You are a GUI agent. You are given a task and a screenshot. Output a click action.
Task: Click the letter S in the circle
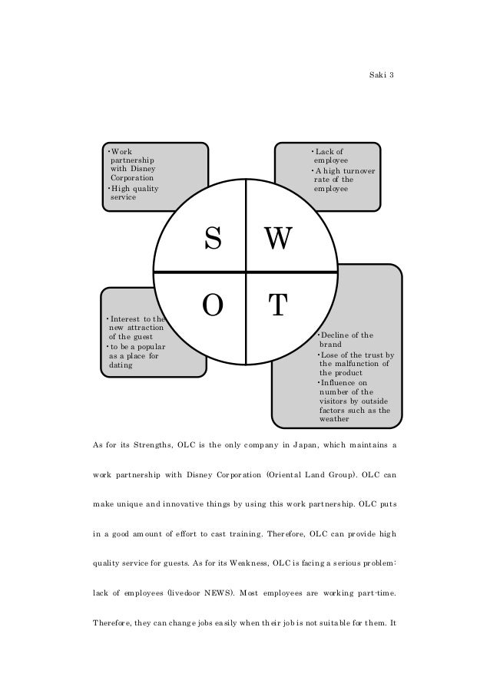(x=213, y=241)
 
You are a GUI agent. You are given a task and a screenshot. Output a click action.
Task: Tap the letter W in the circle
(x=278, y=241)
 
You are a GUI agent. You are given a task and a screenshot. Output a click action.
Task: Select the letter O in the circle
(x=213, y=305)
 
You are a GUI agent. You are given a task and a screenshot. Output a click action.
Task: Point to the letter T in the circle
(x=277, y=305)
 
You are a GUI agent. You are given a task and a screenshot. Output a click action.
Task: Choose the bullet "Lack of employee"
(x=328, y=156)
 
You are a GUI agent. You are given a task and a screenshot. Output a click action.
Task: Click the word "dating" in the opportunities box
(x=120, y=365)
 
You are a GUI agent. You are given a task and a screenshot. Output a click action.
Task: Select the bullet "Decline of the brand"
(x=346, y=340)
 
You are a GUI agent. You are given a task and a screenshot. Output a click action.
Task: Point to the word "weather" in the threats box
(x=334, y=419)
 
